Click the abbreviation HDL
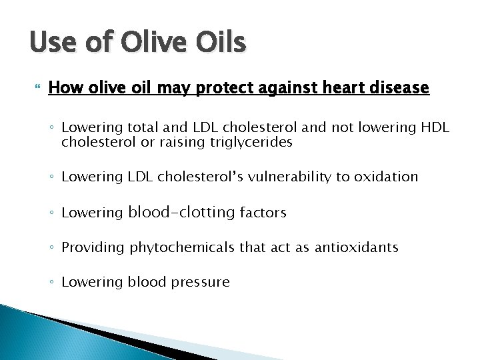click(435, 128)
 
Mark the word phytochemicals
click(179, 247)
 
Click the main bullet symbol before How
click(35, 87)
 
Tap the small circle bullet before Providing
click(52, 248)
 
